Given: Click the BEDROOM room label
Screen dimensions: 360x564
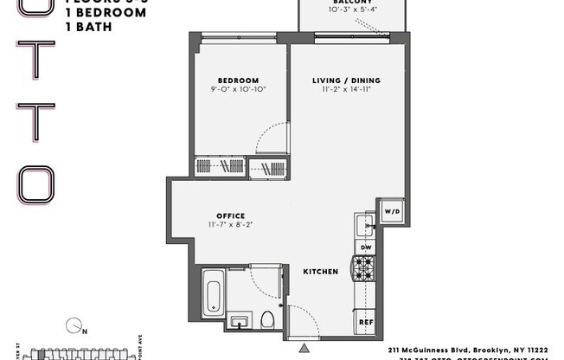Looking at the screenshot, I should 233,75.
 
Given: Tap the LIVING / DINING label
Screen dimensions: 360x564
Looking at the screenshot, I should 346,81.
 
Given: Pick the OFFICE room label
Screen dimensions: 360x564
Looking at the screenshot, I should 231,215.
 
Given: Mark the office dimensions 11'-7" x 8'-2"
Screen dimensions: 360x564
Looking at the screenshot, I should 230,225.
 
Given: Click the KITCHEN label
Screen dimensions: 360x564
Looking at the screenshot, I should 320,272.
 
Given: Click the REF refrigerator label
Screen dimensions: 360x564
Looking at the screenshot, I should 365,322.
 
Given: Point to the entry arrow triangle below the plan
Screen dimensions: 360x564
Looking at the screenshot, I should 304,348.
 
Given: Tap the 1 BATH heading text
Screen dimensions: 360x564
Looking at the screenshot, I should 91,27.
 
